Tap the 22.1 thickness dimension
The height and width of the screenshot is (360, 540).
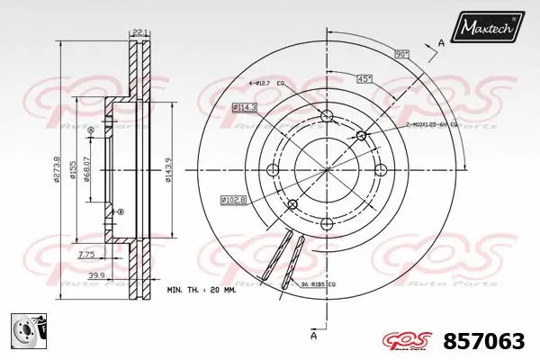click(x=139, y=35)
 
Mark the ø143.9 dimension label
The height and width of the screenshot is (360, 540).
click(x=169, y=167)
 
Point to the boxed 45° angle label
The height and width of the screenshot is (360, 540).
click(x=364, y=77)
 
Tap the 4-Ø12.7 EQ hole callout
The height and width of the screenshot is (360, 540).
click(x=266, y=85)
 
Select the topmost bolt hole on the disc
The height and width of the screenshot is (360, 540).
click(x=326, y=116)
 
